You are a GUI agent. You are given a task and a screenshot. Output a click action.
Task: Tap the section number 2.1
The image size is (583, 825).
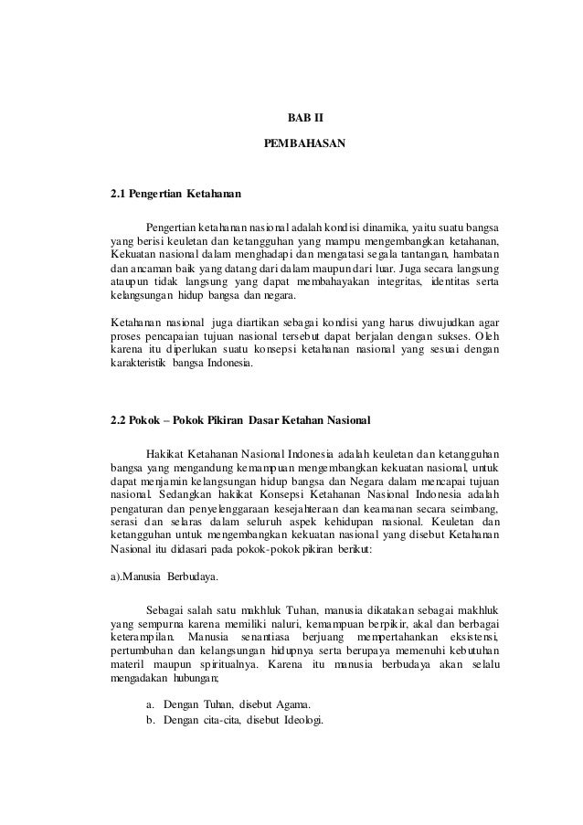click(118, 195)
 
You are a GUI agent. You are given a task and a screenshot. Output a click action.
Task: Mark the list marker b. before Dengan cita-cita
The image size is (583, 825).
click(150, 720)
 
